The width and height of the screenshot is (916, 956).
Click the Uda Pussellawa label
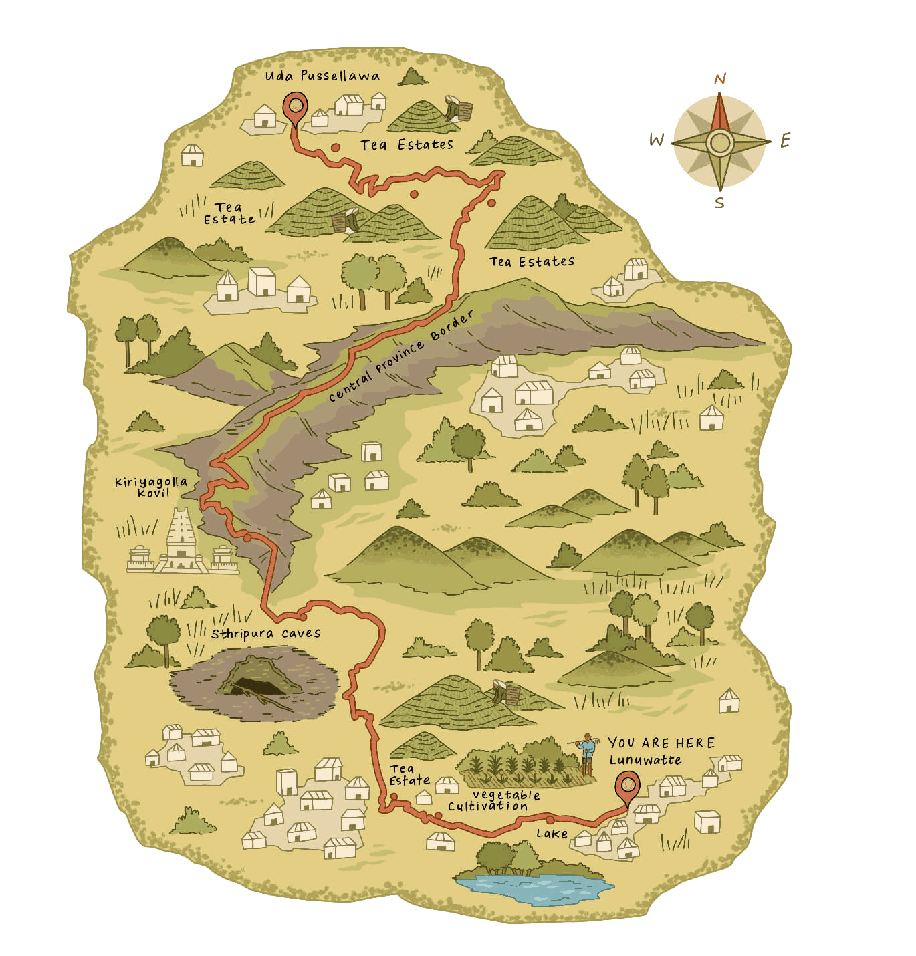(x=322, y=76)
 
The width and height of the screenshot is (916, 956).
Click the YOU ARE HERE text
(x=661, y=743)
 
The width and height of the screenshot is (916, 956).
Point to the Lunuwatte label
(x=645, y=760)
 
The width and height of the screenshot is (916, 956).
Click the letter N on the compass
(x=720, y=80)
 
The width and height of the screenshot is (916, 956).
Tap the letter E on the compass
(x=786, y=140)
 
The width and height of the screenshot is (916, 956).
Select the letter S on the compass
(x=719, y=202)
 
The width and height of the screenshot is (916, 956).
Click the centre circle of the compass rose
(x=719, y=142)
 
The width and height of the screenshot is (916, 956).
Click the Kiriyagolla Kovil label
(x=150, y=487)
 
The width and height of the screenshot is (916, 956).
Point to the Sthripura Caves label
(x=265, y=633)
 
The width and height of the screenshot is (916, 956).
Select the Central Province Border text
(x=400, y=358)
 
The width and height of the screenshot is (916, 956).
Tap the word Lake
(x=552, y=833)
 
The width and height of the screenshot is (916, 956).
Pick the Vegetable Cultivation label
(x=493, y=800)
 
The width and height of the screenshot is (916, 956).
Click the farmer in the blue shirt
(x=586, y=752)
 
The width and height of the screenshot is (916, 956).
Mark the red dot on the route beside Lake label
(x=549, y=819)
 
